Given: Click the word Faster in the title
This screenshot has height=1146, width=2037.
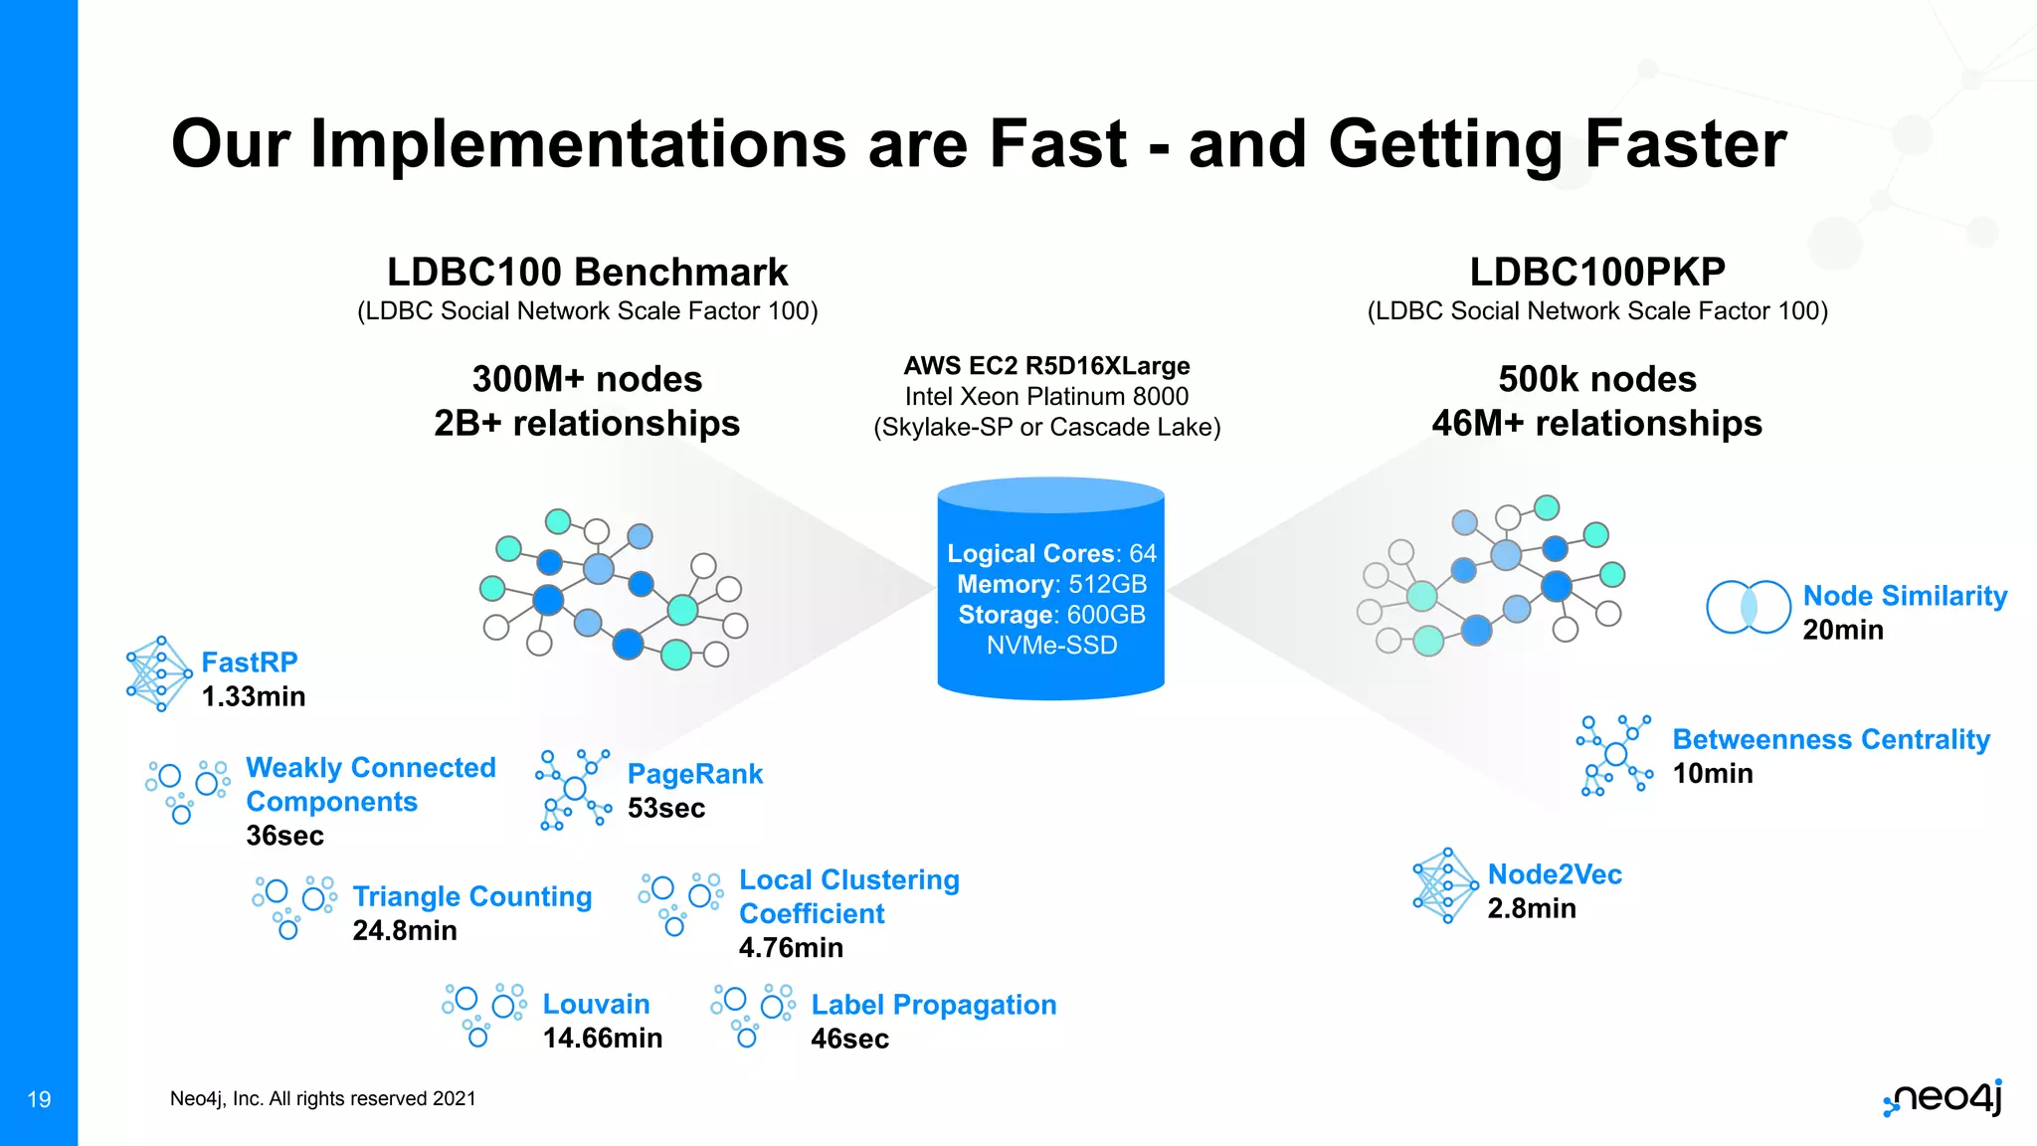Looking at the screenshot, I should (1685, 144).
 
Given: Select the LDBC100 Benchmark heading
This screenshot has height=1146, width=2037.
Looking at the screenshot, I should (587, 272).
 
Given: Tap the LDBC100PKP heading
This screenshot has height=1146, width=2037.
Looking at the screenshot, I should (1596, 272).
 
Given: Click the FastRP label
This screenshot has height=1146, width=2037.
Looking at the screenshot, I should (249, 663).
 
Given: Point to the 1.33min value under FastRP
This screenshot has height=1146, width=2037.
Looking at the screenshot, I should (253, 696).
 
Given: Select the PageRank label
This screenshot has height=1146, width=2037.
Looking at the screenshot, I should (694, 774).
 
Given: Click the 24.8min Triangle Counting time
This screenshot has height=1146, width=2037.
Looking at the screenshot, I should (404, 931).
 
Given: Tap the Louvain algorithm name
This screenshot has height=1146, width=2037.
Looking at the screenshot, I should (596, 1005).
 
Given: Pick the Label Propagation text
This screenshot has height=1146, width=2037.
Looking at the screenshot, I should (933, 1005).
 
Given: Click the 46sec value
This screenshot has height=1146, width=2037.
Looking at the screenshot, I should (849, 1040).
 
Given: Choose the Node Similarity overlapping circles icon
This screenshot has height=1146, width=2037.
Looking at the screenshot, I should (1748, 607).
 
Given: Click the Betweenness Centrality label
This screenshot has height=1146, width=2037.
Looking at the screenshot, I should (1830, 740).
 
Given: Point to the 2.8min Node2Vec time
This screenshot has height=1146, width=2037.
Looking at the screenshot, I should (1531, 909).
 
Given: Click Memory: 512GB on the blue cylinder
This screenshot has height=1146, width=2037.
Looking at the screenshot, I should (1051, 584).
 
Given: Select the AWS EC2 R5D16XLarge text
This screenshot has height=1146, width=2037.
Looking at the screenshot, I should (1046, 366).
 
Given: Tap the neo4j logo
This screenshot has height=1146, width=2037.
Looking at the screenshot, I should (1943, 1098).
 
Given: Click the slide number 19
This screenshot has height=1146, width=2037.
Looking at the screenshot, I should (39, 1099).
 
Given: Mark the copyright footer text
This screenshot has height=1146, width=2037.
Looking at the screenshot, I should (322, 1099).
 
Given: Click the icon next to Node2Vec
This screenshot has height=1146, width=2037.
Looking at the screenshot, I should (1444, 885).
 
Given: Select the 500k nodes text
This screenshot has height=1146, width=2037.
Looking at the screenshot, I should (1596, 379).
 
